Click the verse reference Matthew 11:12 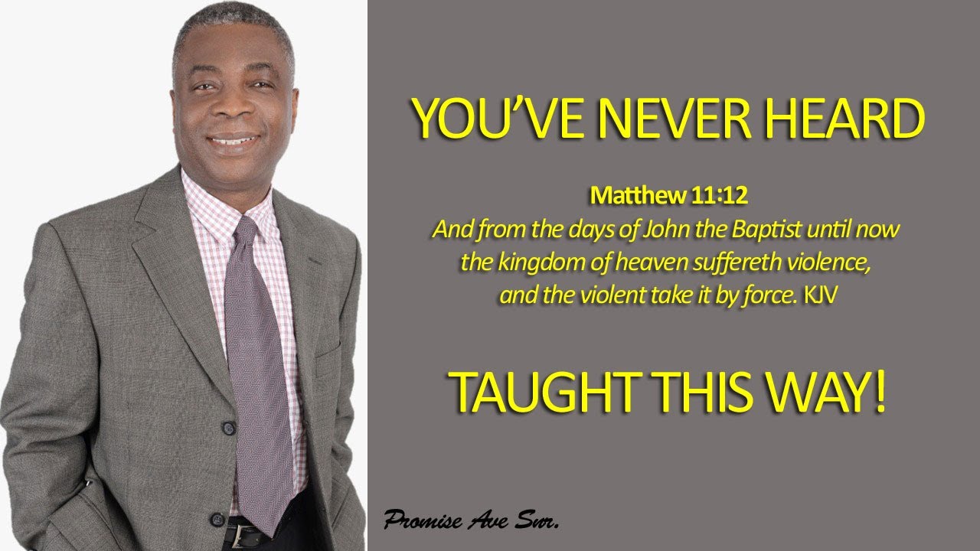click(668, 197)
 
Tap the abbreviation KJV click(820, 295)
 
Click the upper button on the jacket click(228, 427)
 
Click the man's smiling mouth click(234, 142)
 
